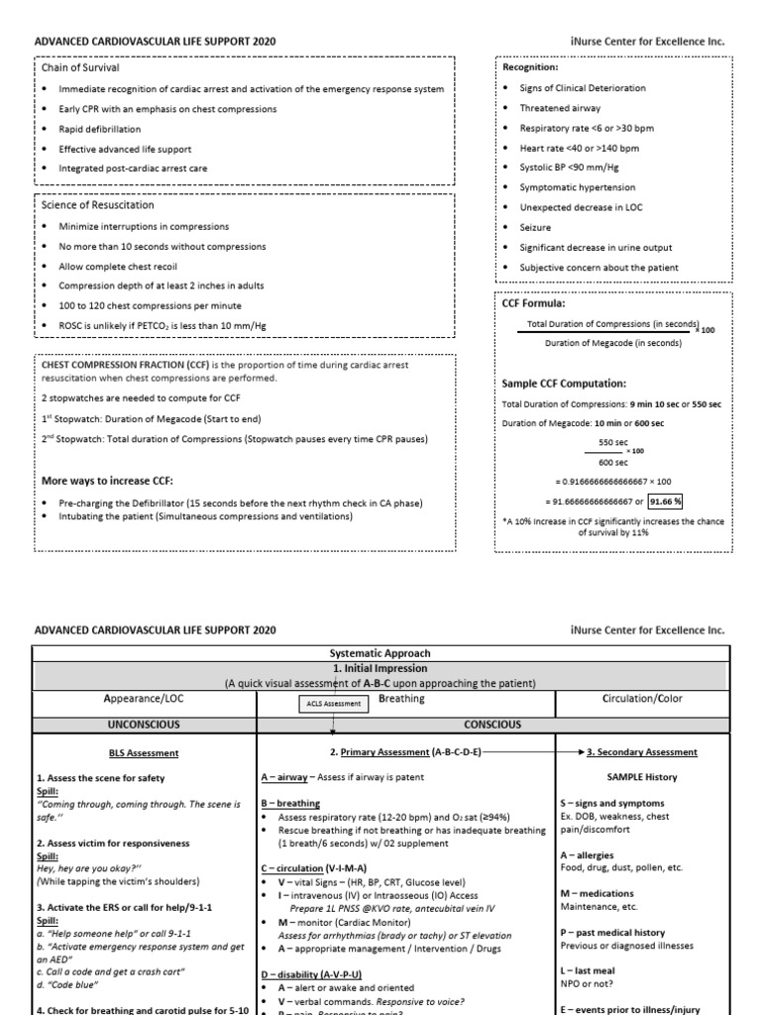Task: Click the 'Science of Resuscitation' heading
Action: (x=97, y=205)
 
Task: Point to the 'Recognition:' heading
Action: (x=531, y=67)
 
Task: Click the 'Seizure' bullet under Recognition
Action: (x=536, y=227)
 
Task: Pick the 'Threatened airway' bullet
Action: (x=560, y=108)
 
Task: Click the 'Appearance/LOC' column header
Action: (x=145, y=699)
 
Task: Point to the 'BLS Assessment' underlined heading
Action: (x=144, y=752)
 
